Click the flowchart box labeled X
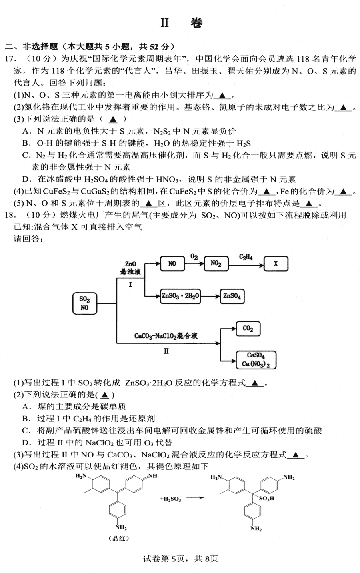click(276, 264)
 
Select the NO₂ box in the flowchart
click(216, 264)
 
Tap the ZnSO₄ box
click(232, 296)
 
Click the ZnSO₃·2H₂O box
click(180, 296)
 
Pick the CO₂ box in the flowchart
click(248, 329)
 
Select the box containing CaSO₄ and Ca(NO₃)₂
click(256, 360)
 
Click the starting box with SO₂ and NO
click(85, 303)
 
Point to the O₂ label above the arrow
click(194, 256)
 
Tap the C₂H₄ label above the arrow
click(246, 257)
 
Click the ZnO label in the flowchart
click(130, 264)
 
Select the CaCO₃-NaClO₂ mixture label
click(166, 336)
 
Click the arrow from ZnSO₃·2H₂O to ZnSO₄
click(210, 297)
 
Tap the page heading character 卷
click(196, 23)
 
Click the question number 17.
click(10, 59)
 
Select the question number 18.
click(10, 215)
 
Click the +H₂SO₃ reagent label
click(170, 499)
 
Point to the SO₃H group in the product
click(266, 498)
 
